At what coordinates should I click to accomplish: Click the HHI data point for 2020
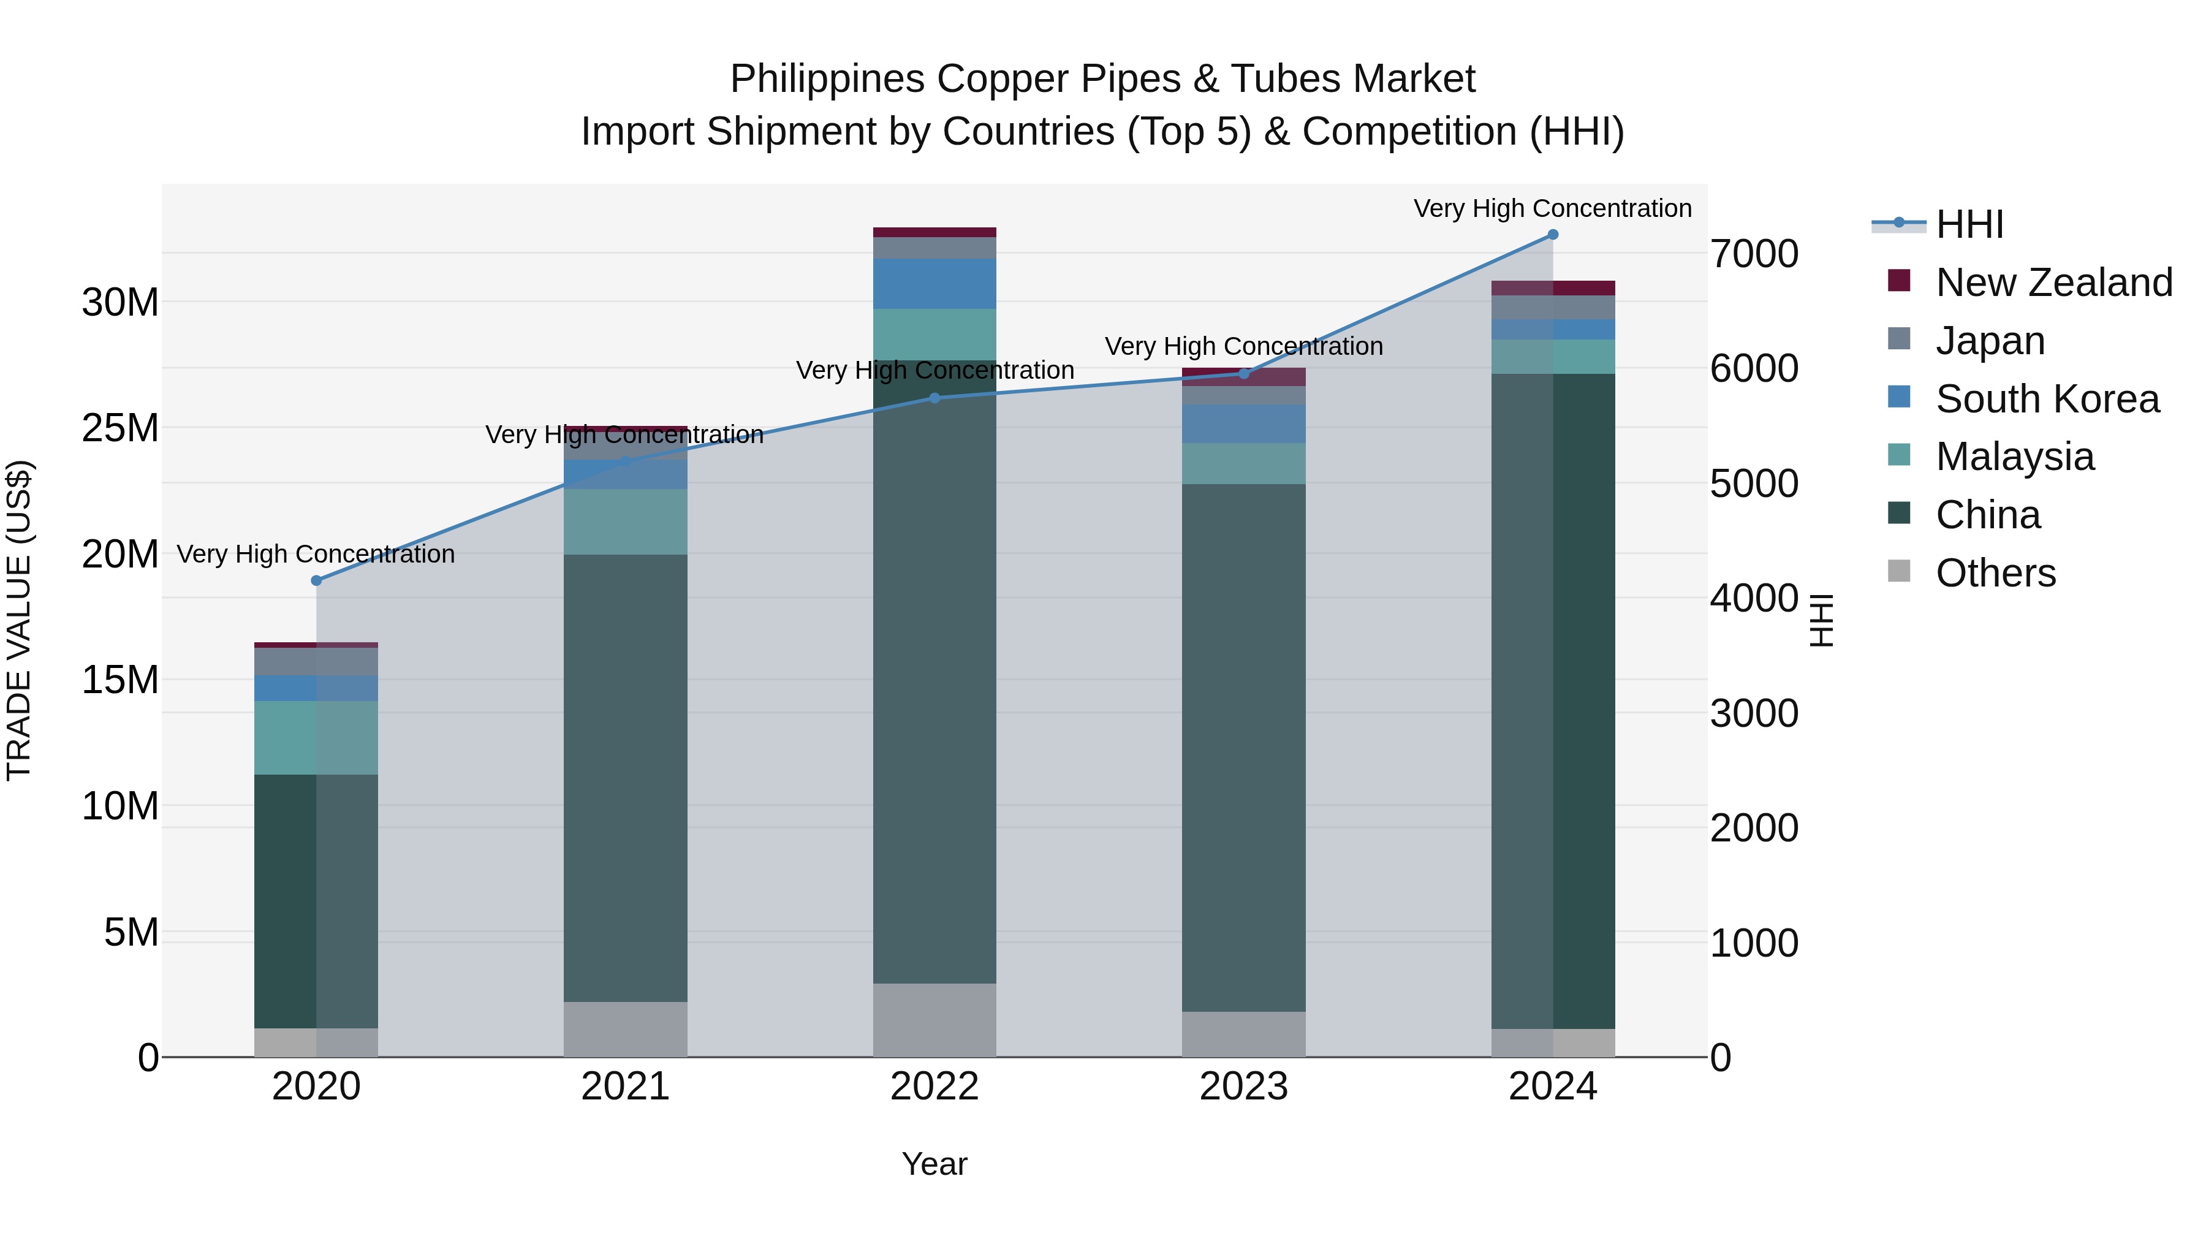pyautogui.click(x=316, y=581)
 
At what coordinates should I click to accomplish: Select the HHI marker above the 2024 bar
pyautogui.click(x=1553, y=235)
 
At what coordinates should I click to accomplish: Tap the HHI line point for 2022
pyautogui.click(x=934, y=398)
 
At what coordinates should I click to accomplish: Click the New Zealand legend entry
pyautogui.click(x=2053, y=282)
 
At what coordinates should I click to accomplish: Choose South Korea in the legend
pyautogui.click(x=2047, y=398)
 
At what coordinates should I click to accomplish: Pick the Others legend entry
pyautogui.click(x=1995, y=573)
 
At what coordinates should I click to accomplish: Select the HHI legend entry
pyautogui.click(x=1969, y=224)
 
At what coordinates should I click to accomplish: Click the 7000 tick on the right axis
pyautogui.click(x=1754, y=254)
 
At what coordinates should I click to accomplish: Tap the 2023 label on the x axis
pyautogui.click(x=1243, y=1087)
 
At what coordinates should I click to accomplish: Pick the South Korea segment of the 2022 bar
pyautogui.click(x=934, y=284)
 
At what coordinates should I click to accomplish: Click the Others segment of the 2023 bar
pyautogui.click(x=1243, y=1034)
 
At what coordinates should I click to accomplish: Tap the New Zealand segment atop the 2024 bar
pyautogui.click(x=1553, y=288)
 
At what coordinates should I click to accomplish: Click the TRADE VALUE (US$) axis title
pyautogui.click(x=19, y=620)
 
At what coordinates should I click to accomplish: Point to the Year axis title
pyautogui.click(x=934, y=1164)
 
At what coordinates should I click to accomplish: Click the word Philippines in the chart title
pyautogui.click(x=827, y=79)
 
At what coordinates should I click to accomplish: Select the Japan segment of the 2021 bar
pyautogui.click(x=625, y=446)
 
